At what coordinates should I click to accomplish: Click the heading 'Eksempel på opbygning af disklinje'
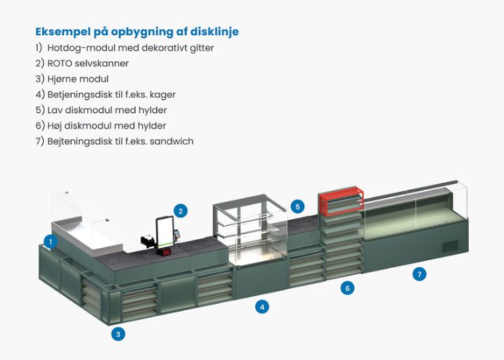click(x=136, y=32)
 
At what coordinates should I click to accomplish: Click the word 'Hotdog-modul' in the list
click(x=77, y=48)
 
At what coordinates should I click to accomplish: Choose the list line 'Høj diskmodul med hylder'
click(x=101, y=125)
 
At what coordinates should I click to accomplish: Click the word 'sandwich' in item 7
click(x=172, y=141)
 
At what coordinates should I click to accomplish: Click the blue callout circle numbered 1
click(x=50, y=241)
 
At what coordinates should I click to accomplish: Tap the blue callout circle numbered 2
click(x=181, y=210)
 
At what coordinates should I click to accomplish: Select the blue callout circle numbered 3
click(x=119, y=334)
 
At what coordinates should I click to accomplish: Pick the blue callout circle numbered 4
click(x=262, y=307)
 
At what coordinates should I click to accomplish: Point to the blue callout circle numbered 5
click(x=298, y=207)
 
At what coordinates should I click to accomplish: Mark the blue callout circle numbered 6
click(x=347, y=287)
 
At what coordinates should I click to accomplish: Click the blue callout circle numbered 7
click(x=420, y=274)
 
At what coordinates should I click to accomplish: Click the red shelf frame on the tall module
click(x=341, y=202)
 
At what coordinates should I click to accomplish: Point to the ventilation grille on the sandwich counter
click(x=449, y=246)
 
